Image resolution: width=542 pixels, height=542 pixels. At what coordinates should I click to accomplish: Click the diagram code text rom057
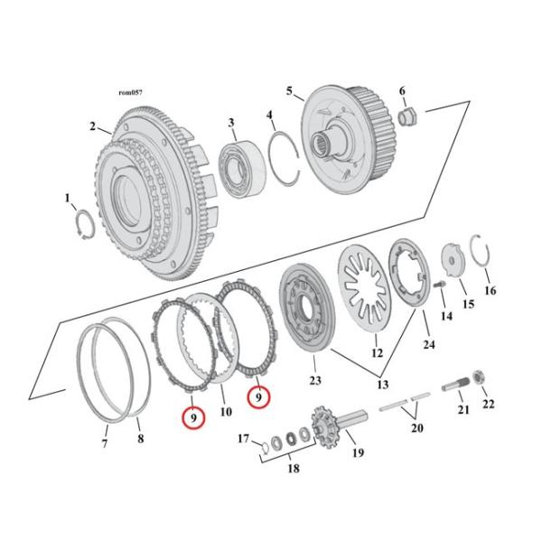point(131,92)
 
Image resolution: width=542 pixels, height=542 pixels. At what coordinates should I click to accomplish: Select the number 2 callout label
point(92,126)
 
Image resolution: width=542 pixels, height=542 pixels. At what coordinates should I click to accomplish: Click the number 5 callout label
point(289,91)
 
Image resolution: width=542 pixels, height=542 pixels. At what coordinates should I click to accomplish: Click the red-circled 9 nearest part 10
point(257,396)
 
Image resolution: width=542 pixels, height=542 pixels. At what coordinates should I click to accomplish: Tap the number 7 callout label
point(104,443)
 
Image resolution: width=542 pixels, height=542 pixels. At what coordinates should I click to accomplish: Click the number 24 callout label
point(429,343)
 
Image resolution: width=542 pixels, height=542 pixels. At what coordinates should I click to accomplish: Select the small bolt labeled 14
point(441,286)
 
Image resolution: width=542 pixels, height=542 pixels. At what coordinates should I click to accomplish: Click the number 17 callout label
point(243,439)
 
